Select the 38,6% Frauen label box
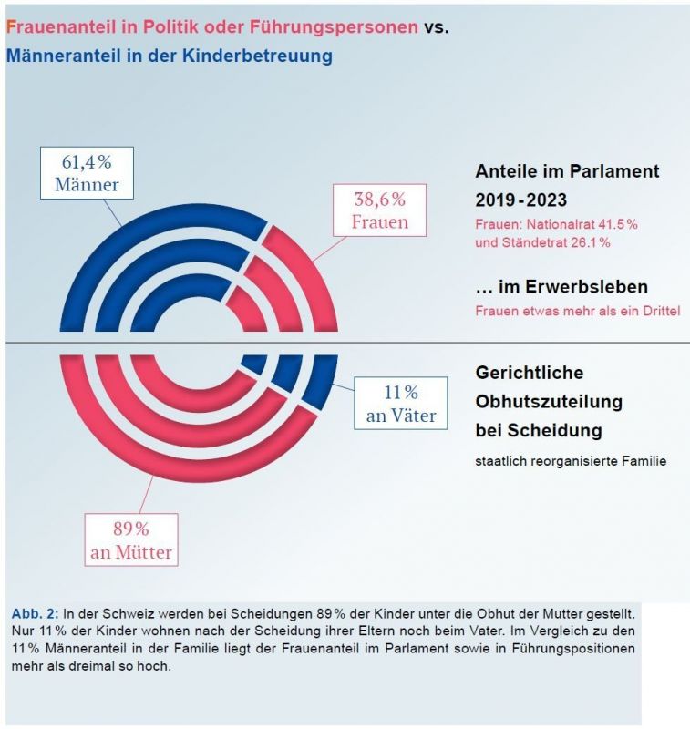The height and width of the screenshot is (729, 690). click(379, 210)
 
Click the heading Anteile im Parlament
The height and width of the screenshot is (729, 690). click(567, 171)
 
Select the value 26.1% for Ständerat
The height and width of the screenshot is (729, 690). click(588, 242)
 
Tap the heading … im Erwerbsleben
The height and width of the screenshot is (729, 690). click(561, 287)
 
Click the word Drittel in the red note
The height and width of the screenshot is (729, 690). click(658, 311)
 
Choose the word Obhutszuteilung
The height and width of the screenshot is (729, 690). click(549, 401)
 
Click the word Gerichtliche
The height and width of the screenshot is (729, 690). click(530, 373)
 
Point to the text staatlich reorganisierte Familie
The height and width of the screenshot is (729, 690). click(571, 461)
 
